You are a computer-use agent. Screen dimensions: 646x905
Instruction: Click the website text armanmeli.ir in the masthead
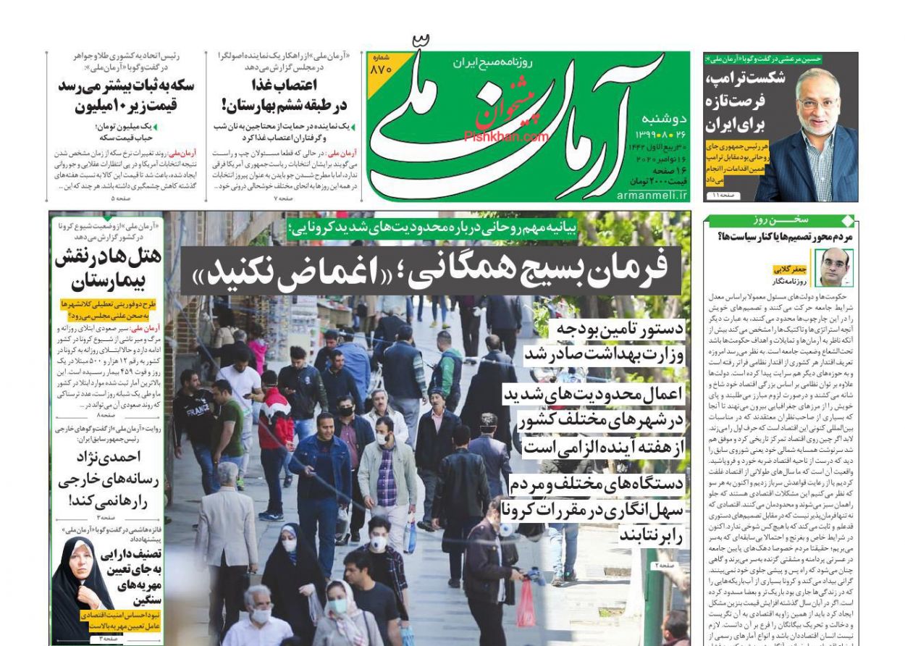click(652, 195)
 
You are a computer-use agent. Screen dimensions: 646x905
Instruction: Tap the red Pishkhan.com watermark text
click(506, 136)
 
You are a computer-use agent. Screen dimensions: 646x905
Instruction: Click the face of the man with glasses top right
click(817, 101)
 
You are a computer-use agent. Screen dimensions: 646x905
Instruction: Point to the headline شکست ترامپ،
click(745, 79)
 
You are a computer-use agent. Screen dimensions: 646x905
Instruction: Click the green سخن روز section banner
click(780, 220)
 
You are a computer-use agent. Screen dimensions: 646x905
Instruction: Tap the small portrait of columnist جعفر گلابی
click(835, 267)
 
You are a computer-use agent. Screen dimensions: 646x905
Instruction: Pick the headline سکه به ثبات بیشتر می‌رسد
click(126, 85)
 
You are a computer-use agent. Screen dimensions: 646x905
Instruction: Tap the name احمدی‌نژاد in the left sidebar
click(109, 457)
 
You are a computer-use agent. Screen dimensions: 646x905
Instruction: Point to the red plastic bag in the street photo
click(526, 603)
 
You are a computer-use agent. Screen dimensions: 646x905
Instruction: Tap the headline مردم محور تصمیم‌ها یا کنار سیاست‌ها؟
click(784, 236)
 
